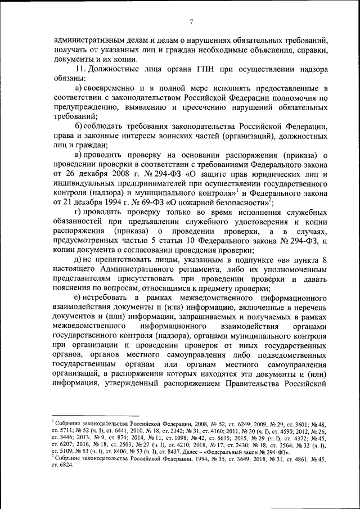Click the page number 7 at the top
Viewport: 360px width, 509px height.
[x=191, y=22]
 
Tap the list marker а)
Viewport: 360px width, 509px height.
[x=79, y=89]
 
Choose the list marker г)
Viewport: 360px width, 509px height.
[x=79, y=211]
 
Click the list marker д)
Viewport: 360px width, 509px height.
[x=79, y=260]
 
